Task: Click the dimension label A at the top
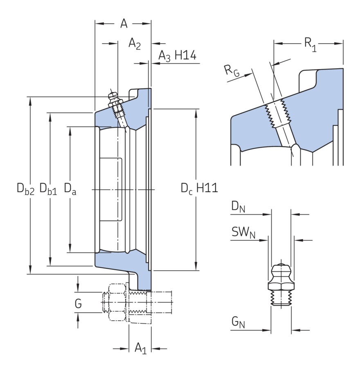tap(124, 24)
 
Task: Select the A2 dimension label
tap(135, 43)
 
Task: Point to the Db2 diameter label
tap(25, 189)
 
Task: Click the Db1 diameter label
tap(48, 189)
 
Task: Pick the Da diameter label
tap(70, 189)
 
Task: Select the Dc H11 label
tap(199, 189)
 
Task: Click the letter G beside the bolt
tap(78, 304)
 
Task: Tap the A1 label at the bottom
tap(140, 348)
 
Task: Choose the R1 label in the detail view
tap(309, 43)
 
